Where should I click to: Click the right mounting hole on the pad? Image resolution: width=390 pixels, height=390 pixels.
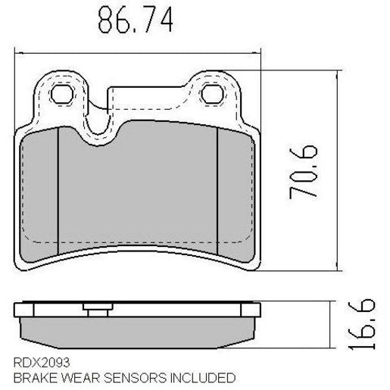click(x=214, y=93)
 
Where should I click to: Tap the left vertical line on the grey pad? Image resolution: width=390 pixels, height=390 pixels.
click(x=58, y=189)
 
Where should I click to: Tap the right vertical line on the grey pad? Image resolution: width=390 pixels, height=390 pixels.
click(x=218, y=189)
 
